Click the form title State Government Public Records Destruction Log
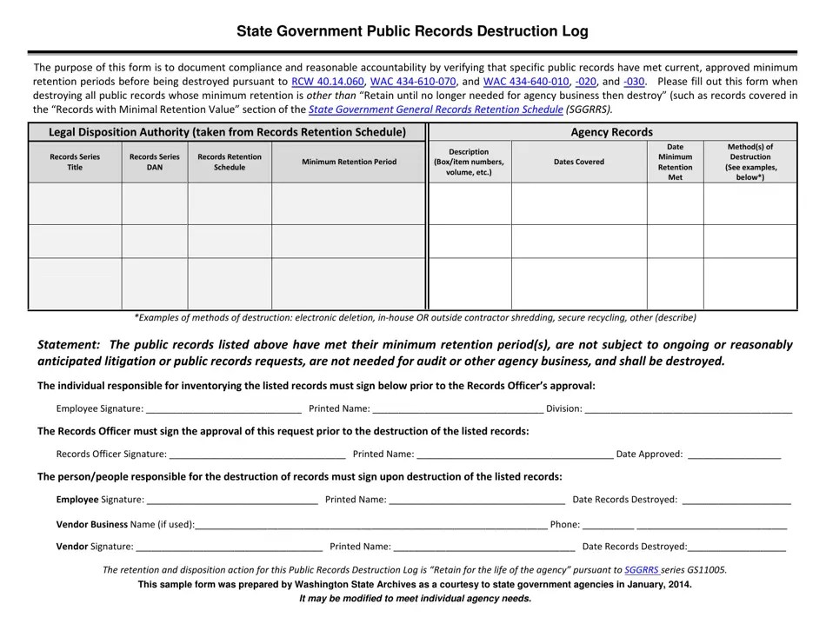[412, 31]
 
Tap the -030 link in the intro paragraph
[634, 82]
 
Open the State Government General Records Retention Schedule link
[436, 109]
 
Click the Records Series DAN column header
[155, 162]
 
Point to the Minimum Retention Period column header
[349, 162]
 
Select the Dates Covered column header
[578, 162]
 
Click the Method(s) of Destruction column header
[749, 162]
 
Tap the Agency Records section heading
[611, 132]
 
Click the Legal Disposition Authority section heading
[227, 132]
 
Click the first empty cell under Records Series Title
[76, 203]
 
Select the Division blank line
[688, 408]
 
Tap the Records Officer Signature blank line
[257, 454]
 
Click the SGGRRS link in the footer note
[642, 570]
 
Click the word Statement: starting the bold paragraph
[69, 344]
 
